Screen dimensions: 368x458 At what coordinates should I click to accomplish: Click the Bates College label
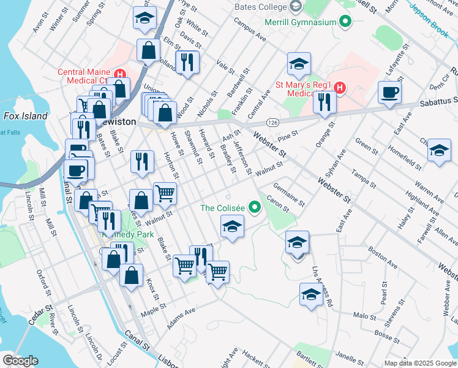tap(260, 7)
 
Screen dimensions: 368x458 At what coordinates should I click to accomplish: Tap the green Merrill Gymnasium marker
tap(345, 23)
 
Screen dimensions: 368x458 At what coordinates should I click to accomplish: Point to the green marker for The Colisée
tap(253, 208)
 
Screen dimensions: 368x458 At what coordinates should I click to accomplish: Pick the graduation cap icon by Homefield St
tap(439, 150)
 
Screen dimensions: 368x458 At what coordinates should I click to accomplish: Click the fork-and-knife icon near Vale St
tap(187, 62)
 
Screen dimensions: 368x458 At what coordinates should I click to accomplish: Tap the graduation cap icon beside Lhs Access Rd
tap(311, 294)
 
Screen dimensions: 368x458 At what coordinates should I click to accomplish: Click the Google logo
tap(20, 360)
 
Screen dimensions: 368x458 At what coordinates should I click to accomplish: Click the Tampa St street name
tap(364, 175)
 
